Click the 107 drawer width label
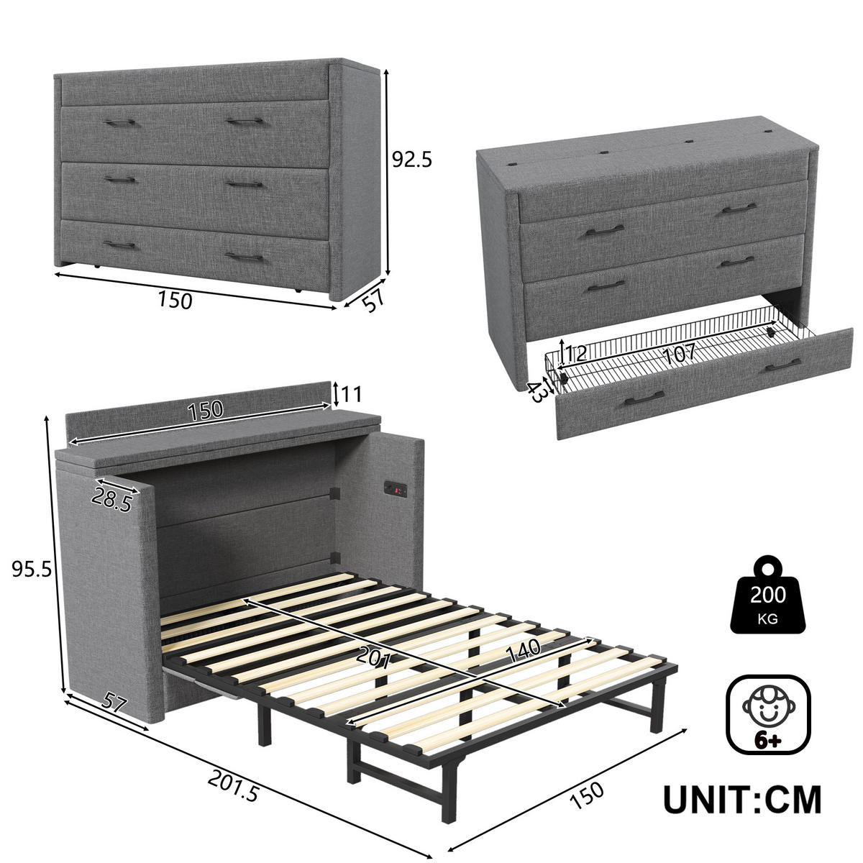click(x=679, y=353)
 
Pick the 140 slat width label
click(x=524, y=649)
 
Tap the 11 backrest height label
click(x=351, y=394)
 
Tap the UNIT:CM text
click(x=741, y=799)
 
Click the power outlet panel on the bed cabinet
click(x=397, y=489)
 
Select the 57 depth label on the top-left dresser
click(x=371, y=301)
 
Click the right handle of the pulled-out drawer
click(x=782, y=366)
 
